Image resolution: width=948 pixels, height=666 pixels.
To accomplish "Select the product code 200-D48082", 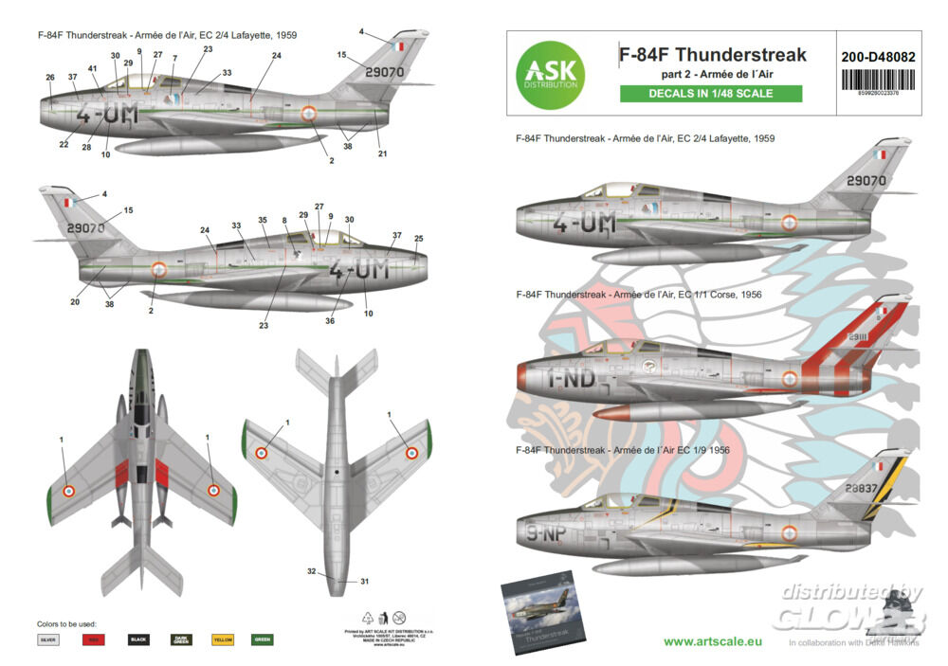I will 877,57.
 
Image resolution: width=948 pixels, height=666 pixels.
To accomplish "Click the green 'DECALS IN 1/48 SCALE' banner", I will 711,93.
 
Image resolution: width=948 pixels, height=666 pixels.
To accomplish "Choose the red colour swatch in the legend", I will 93,640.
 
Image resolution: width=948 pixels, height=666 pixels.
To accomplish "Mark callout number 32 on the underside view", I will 311,572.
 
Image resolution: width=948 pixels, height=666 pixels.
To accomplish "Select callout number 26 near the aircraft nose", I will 50,77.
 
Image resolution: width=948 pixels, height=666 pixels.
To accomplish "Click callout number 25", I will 419,238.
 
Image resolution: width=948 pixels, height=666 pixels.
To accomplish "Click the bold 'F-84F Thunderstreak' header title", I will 713,54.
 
